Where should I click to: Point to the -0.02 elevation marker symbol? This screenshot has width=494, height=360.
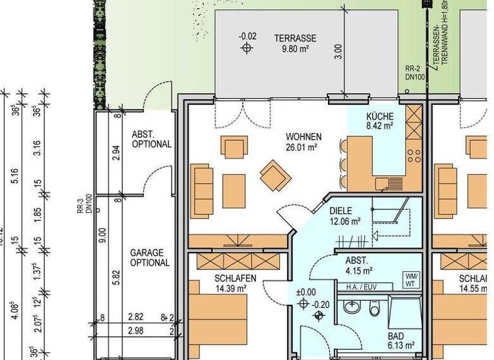(x=246, y=48)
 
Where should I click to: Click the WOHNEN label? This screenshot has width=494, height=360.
(x=304, y=137)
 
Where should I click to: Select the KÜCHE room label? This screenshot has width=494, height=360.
(x=379, y=116)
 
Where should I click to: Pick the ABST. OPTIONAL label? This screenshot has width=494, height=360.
(x=151, y=139)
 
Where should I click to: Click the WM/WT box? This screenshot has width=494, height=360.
(x=410, y=280)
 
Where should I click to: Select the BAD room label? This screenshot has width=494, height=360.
(x=396, y=336)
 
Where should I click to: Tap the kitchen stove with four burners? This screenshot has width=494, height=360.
(x=414, y=155)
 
